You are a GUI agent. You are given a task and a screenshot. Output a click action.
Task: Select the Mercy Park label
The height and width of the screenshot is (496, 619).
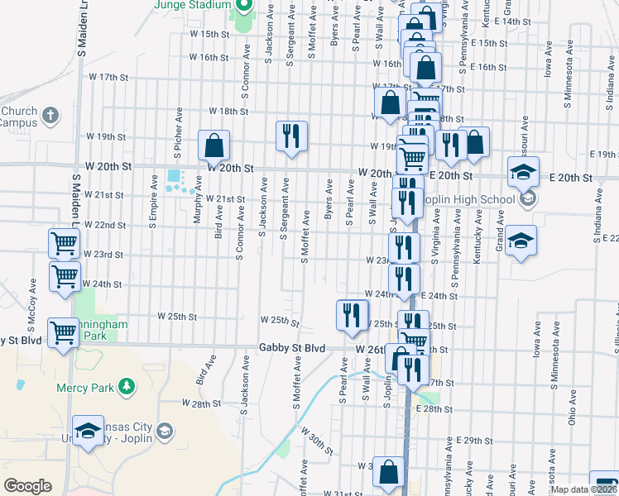click(x=84, y=387)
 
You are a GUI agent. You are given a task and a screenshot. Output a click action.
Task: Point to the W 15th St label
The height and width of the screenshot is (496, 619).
click(x=209, y=34)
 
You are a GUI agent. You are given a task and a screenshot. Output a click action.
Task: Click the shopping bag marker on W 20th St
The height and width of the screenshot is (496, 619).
click(x=214, y=145)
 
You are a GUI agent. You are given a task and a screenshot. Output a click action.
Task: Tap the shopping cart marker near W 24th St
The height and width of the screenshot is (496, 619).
click(x=65, y=277)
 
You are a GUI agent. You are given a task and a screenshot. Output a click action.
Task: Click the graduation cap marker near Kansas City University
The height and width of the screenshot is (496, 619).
click(x=88, y=431)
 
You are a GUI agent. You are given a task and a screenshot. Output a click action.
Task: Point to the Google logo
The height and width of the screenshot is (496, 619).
click(x=28, y=486)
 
